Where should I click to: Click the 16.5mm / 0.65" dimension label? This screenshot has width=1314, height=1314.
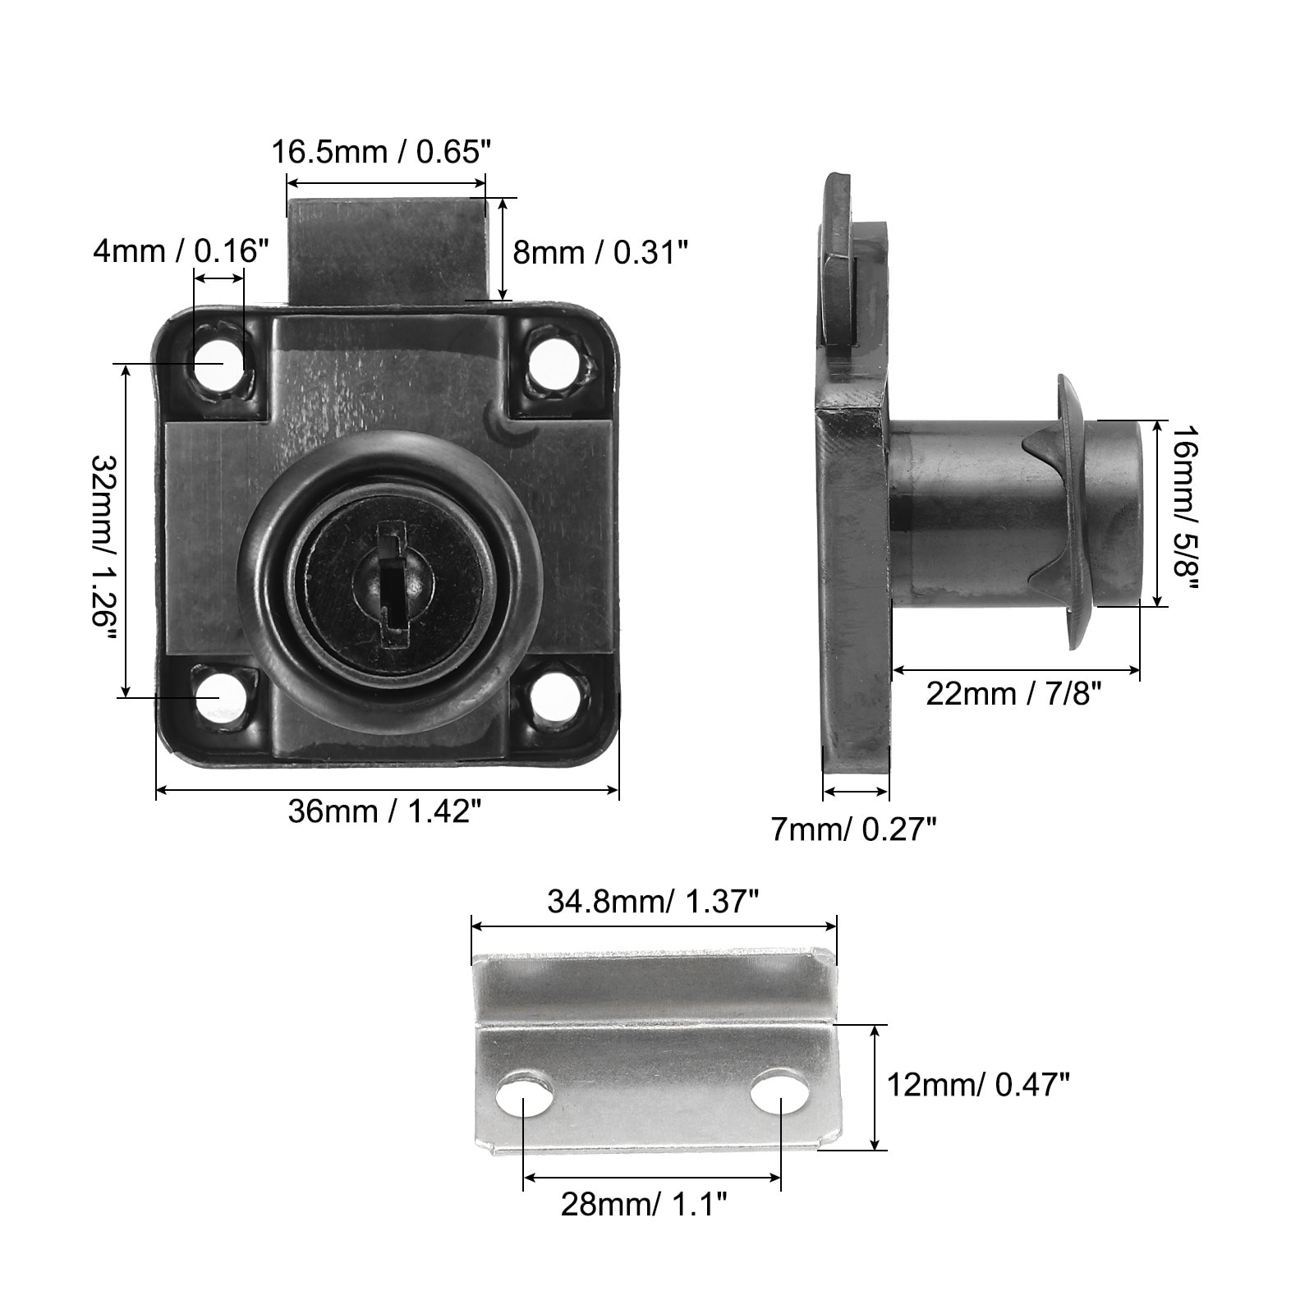pyautogui.click(x=382, y=152)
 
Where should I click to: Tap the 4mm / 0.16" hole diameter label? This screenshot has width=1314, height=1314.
pyautogui.click(x=181, y=250)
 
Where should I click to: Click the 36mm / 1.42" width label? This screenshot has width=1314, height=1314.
pyautogui.click(x=384, y=811)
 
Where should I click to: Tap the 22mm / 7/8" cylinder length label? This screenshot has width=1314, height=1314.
pyautogui.click(x=1013, y=694)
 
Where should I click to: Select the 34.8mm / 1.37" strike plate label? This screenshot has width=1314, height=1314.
pyautogui.click(x=652, y=902)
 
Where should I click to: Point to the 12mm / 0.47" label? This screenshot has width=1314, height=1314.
pyautogui.click(x=978, y=1086)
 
